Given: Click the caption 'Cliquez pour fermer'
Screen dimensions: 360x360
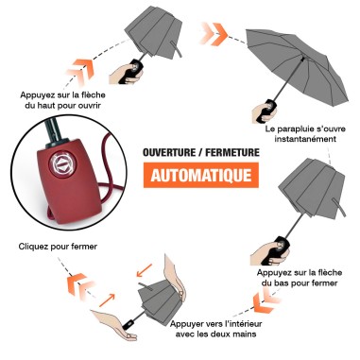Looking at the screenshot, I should (x=58, y=248).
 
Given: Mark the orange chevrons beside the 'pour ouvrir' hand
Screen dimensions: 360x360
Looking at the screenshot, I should (x=81, y=67).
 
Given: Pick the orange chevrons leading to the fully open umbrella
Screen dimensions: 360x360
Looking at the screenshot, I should (x=211, y=35).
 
